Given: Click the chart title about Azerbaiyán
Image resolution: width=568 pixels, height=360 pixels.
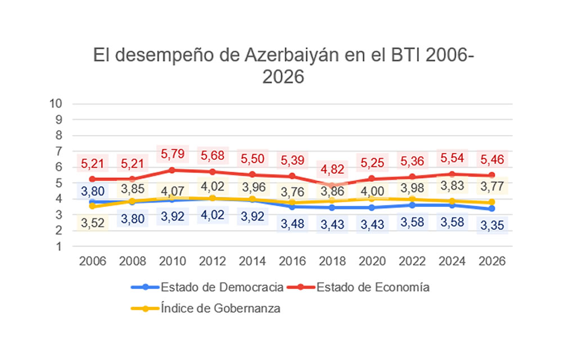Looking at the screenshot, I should pos(283,65).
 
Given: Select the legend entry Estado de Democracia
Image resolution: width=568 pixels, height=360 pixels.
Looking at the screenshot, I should pos(222,287).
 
